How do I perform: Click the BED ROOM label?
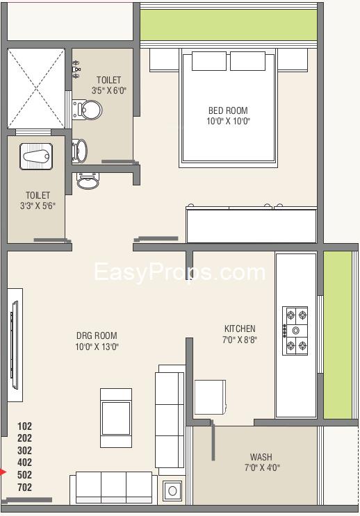tap(227, 110)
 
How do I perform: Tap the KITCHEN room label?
tap(240, 328)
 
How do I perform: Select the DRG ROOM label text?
tap(97, 335)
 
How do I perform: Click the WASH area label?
tap(261, 457)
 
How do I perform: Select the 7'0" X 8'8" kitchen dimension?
tap(240, 340)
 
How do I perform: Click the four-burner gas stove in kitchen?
tap(295, 330)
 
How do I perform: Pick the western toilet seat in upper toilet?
tap(87, 109)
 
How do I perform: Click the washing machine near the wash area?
tap(172, 491)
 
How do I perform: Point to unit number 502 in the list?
tap(24, 475)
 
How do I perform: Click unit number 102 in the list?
tap(24, 426)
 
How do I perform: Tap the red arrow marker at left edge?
tap(3, 473)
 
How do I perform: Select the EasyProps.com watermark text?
tap(179, 272)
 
